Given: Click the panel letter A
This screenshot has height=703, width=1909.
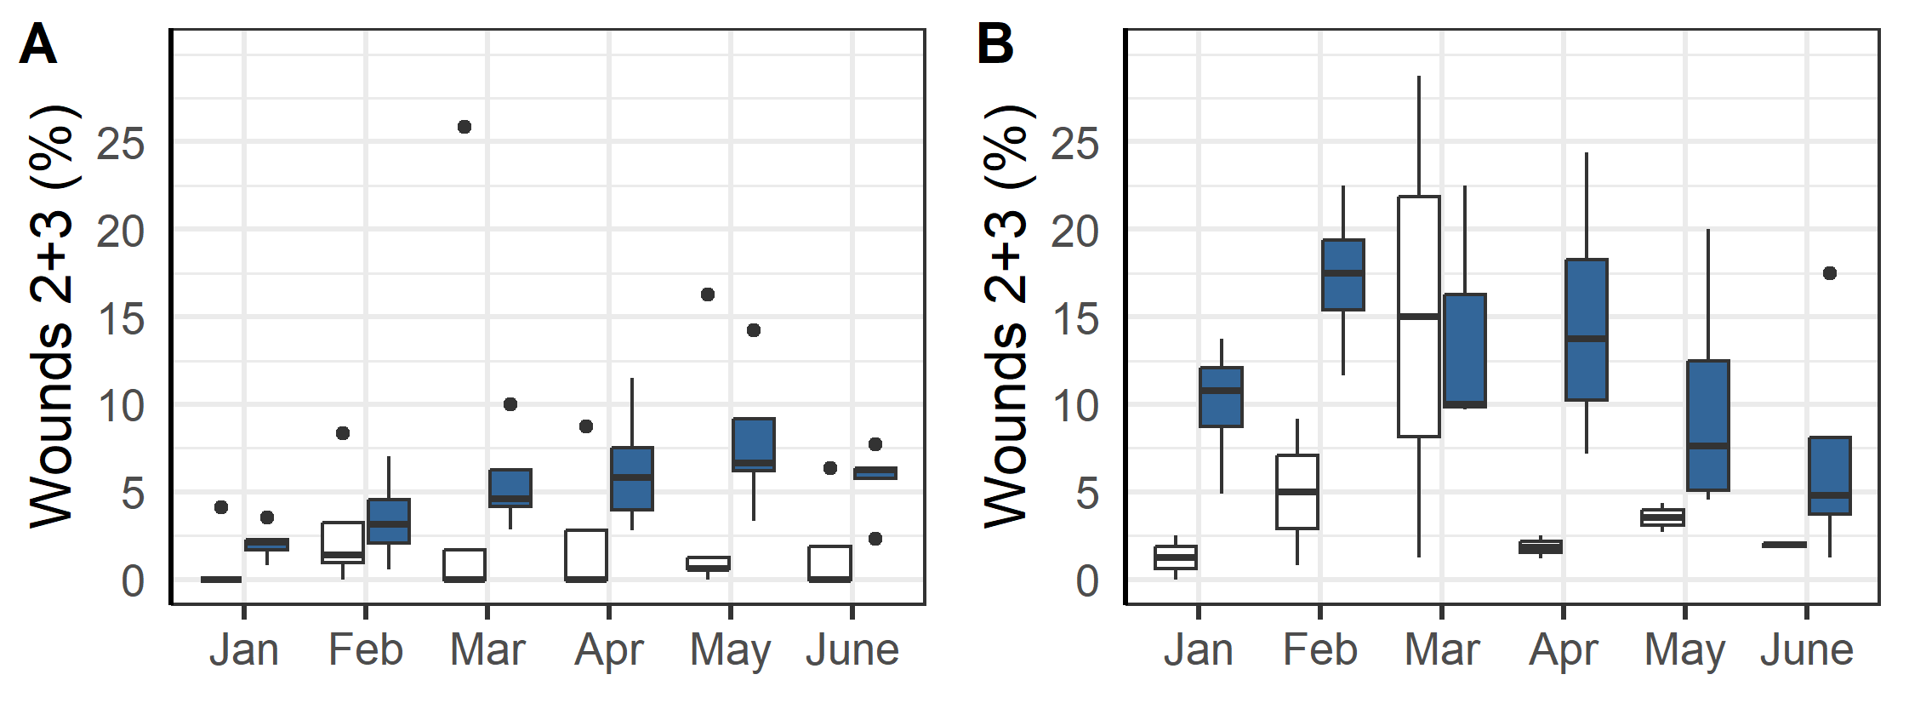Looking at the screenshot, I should coord(37,44).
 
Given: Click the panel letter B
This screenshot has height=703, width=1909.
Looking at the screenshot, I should coord(994,44).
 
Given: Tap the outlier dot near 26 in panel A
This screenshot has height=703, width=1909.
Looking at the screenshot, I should coord(464,127).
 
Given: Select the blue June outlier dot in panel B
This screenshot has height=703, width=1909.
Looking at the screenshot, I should coord(1830,273).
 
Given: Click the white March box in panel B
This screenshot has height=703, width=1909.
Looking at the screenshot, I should coord(1419,317).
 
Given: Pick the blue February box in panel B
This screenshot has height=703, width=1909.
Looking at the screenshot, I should coord(1343,275).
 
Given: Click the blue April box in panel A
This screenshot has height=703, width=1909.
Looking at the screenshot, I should coord(632,478).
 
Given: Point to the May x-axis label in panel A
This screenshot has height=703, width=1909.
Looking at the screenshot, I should coord(730,650).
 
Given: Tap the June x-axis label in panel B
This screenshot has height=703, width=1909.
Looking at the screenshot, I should coord(1807,650).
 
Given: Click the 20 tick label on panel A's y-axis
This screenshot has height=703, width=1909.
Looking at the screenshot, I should coord(121,232).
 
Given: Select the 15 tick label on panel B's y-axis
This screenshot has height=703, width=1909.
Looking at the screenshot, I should coord(1075,320).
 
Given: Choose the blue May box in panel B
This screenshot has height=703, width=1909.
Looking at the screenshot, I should coord(1708,426).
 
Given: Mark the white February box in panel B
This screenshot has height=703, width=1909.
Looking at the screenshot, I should coord(1297,492).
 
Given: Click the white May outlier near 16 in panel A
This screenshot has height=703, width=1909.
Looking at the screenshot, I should coord(708,294).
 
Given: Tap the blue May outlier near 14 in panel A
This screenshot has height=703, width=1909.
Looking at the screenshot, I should coord(754,330).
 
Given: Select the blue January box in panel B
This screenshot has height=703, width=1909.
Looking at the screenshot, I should coord(1222,397).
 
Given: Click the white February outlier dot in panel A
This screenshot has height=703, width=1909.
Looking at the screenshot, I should coord(343,433).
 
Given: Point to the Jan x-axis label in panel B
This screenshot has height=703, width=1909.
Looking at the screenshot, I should coord(1198,650).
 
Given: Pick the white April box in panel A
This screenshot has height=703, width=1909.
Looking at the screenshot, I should coord(586,555).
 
